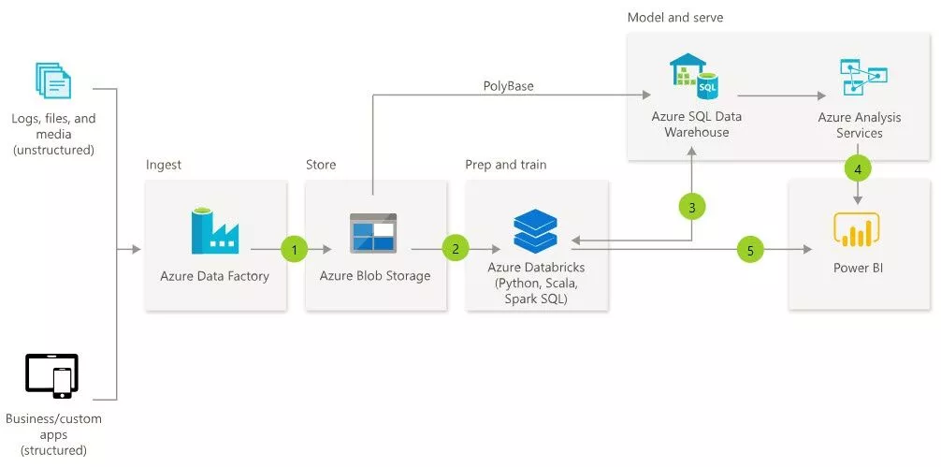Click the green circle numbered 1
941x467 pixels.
tap(294, 249)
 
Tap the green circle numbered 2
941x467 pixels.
tap(456, 249)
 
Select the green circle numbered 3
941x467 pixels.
tap(692, 208)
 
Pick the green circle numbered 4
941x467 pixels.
tap(858, 169)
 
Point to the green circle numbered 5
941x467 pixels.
tap(750, 249)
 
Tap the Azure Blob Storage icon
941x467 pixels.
tap(373, 233)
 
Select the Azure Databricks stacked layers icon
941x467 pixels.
tap(535, 231)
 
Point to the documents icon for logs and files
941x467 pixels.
tap(53, 81)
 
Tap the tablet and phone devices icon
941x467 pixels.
tap(52, 376)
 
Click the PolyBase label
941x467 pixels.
tap(509, 86)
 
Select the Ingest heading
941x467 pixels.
tap(164, 166)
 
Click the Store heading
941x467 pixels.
tap(321, 166)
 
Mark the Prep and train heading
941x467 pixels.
tap(505, 166)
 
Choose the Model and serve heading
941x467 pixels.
tap(674, 18)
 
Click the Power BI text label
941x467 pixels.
tap(858, 269)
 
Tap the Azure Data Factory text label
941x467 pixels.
tap(214, 276)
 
